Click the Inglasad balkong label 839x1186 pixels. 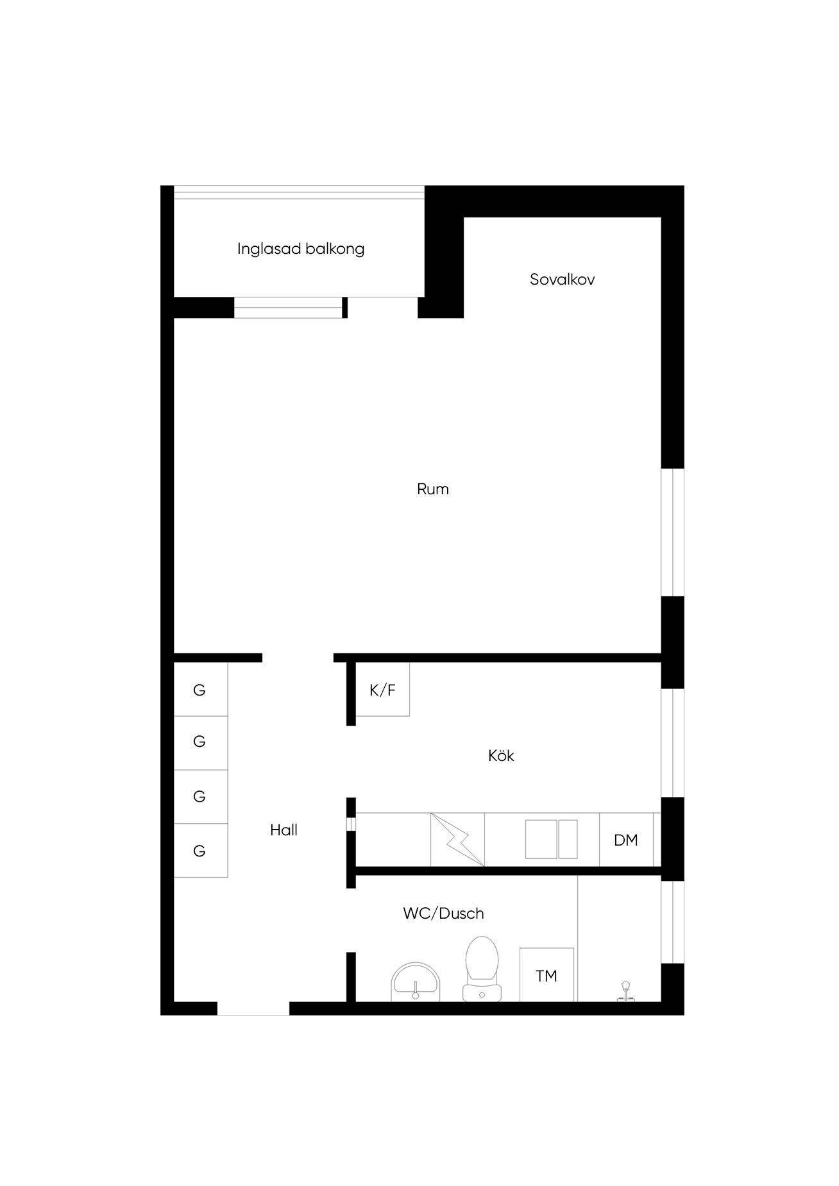[x=301, y=249]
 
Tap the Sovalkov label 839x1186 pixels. [x=562, y=280]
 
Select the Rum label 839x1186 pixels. [x=433, y=489]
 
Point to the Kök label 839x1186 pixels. [x=501, y=756]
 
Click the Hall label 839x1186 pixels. [x=284, y=830]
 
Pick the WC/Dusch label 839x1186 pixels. [x=443, y=914]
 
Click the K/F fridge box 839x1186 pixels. [x=382, y=689]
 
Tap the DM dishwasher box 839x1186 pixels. [x=626, y=840]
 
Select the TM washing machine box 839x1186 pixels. [x=547, y=974]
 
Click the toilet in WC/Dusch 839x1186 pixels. [x=482, y=969]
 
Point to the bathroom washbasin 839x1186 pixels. [x=416, y=981]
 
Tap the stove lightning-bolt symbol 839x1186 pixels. [x=458, y=840]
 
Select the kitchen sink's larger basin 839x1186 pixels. [x=541, y=839]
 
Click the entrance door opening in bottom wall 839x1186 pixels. [x=253, y=1008]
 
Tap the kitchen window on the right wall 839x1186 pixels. [x=672, y=742]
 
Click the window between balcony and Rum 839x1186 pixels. [x=288, y=308]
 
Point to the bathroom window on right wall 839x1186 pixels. [x=672, y=922]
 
